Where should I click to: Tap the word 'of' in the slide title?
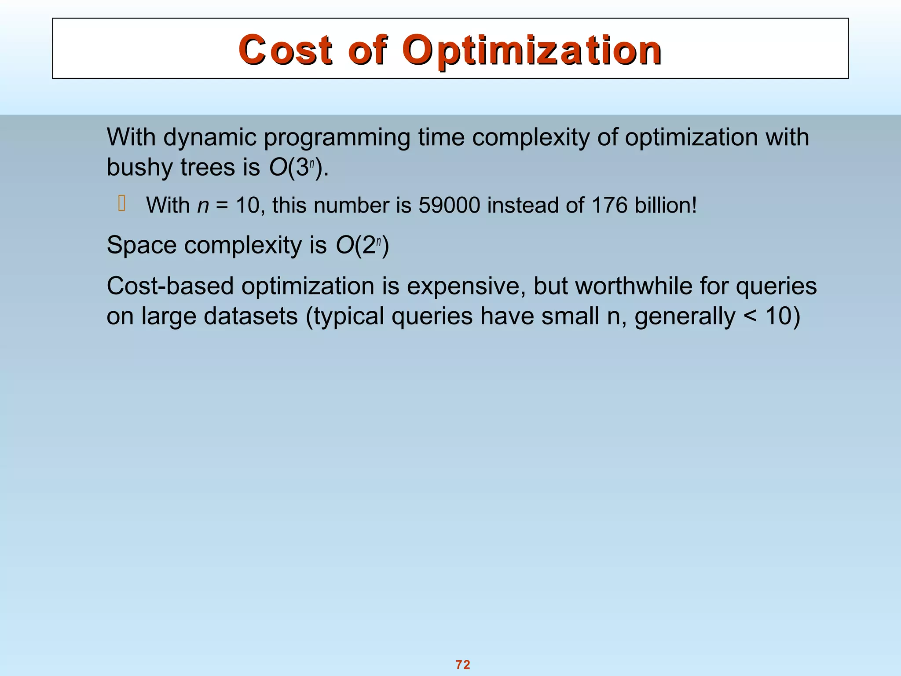point(368,50)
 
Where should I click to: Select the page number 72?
point(463,665)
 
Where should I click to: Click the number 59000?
point(449,205)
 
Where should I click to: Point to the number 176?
point(609,205)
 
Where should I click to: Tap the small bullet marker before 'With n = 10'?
point(122,203)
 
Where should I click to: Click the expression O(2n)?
point(362,245)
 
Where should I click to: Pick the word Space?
point(141,246)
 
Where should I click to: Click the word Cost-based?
point(170,286)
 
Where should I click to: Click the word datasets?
point(250,316)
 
